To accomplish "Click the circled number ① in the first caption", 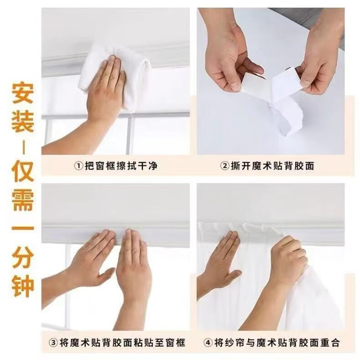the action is coord(79,166).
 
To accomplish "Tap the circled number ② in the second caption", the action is coord(225,166).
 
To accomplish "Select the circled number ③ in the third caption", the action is coord(53,343).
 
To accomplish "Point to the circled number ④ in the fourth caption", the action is coord(208,343).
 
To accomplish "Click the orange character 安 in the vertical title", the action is coord(23,93).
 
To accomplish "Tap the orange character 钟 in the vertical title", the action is coord(23,285).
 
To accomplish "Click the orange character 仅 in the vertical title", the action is coord(23,170).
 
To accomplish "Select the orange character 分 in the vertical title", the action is coord(23,257).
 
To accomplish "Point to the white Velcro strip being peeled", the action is coord(285,101).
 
